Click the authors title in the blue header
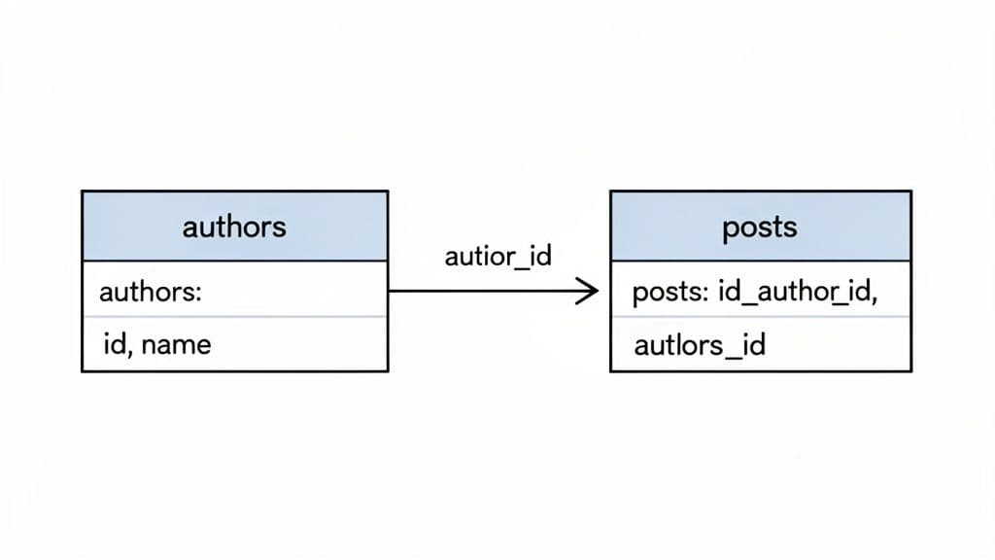(234, 227)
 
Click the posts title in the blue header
(760, 227)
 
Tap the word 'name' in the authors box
(176, 344)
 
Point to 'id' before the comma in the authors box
(113, 344)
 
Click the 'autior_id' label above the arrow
(497, 256)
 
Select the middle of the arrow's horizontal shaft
(491, 290)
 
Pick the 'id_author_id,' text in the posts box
(797, 293)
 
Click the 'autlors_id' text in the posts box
(700, 345)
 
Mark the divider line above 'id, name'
(234, 316)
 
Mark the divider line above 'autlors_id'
(760, 316)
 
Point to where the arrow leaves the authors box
(389, 290)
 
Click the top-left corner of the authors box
(83, 192)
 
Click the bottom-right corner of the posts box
(910, 370)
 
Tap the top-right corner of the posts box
(910, 192)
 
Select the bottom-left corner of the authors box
(83, 370)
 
